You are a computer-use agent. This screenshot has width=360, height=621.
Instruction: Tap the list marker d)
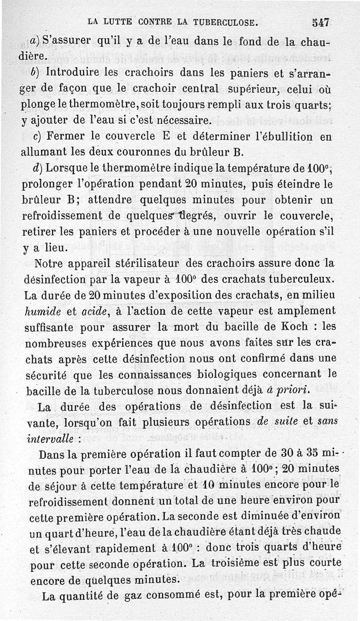click(x=38, y=168)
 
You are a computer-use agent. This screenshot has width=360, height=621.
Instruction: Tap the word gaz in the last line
click(x=140, y=596)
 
